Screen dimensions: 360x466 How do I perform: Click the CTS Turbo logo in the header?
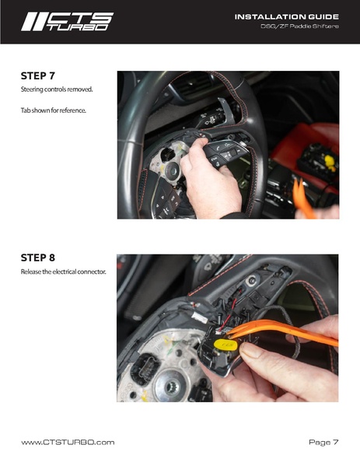tap(67, 22)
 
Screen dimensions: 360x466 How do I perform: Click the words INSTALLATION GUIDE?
tap(287, 17)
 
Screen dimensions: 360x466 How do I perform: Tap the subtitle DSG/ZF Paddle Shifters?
tap(299, 26)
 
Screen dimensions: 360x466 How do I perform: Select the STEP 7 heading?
tap(38, 75)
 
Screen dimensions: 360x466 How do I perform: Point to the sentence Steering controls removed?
tap(57, 89)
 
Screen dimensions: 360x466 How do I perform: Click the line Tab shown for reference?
tap(54, 110)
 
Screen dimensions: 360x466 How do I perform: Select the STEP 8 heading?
tap(38, 258)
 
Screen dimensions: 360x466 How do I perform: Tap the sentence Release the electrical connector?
tap(63, 272)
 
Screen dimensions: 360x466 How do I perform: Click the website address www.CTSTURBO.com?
tap(68, 442)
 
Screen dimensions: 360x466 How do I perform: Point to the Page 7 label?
tap(323, 442)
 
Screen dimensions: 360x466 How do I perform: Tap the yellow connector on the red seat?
tap(330, 163)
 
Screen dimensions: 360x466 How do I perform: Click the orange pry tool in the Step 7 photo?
tap(303, 199)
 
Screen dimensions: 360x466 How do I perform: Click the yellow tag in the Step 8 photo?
tap(225, 345)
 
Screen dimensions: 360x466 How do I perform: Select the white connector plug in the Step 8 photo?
tap(200, 317)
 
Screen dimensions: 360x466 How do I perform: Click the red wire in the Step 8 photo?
tap(229, 314)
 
